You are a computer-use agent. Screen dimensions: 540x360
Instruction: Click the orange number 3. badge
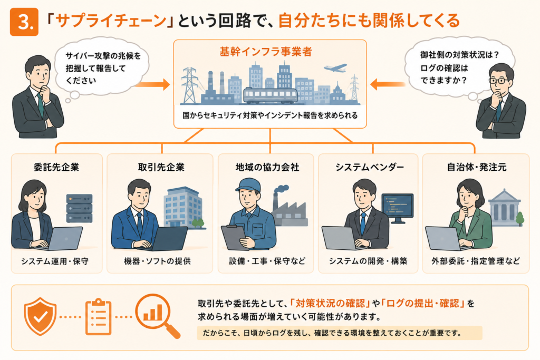(x=24, y=22)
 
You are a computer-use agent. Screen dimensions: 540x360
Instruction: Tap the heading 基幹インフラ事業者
(x=266, y=52)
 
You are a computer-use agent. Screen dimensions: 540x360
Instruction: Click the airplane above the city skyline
(x=335, y=68)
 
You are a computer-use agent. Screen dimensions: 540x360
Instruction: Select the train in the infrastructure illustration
(x=271, y=95)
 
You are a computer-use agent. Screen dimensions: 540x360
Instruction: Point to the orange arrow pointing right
(x=152, y=84)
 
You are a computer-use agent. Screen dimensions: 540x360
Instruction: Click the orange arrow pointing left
(x=388, y=84)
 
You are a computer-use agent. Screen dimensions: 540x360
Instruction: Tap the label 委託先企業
(x=56, y=167)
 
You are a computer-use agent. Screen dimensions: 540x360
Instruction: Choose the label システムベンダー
(x=370, y=167)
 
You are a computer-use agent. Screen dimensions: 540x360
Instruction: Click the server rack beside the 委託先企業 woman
(x=79, y=208)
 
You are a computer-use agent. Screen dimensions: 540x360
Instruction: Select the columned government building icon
(x=505, y=208)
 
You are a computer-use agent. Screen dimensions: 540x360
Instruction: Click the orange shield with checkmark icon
(x=40, y=316)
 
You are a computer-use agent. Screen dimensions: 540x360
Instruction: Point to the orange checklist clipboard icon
(x=99, y=317)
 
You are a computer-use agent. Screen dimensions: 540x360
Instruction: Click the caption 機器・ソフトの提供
(x=157, y=261)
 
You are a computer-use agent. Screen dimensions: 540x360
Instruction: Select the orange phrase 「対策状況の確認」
(x=330, y=303)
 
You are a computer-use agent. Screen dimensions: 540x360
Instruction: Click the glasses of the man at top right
(x=498, y=81)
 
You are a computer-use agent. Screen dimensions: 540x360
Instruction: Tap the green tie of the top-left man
(x=40, y=105)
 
